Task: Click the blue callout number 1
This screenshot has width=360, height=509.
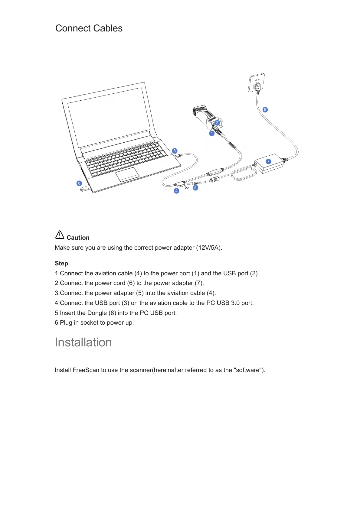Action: point(212,133)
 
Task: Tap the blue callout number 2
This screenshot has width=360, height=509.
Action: point(217,123)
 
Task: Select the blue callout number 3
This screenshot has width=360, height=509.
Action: point(175,151)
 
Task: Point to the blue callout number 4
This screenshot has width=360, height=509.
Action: point(176,191)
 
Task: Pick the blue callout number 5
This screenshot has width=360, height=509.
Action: point(195,188)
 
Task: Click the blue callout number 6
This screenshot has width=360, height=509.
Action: point(265,109)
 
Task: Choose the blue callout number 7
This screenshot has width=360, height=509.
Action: point(268,161)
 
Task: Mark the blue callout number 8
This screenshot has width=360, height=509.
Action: point(79,183)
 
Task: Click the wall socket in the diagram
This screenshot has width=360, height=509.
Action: point(257,83)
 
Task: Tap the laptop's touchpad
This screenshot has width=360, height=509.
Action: point(127,174)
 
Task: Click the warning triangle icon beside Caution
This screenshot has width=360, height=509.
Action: point(60,235)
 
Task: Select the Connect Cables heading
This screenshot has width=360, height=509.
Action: point(89,28)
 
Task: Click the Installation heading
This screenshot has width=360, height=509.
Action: point(83,342)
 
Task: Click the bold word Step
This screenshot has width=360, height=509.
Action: point(61,264)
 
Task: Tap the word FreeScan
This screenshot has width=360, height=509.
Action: point(86,370)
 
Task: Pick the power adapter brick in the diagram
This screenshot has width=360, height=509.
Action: point(269,165)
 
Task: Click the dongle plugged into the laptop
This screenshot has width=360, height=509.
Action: point(85,190)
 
